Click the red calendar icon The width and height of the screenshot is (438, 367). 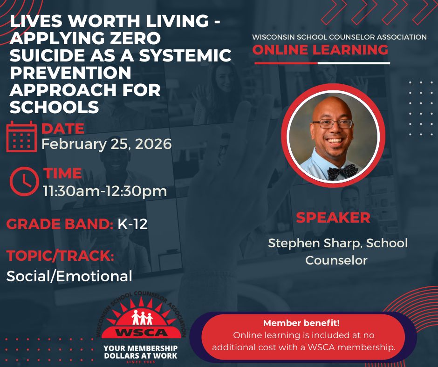tap(21, 136)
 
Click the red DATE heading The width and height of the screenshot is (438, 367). tap(63, 129)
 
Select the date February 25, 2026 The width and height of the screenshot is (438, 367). tap(107, 143)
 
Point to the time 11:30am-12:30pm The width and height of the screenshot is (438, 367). tap(105, 190)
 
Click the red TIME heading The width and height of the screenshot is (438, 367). tap(62, 173)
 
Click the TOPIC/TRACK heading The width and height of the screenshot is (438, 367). tap(60, 256)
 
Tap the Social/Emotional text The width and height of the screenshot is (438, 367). tap(69, 276)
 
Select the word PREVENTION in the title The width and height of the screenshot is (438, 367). tap(70, 73)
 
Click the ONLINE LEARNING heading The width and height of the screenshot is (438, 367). tap(320, 50)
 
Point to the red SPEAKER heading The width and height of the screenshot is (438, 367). tap(333, 217)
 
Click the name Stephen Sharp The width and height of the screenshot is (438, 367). tap(308, 243)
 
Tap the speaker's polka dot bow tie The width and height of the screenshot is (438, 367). tap(342, 172)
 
